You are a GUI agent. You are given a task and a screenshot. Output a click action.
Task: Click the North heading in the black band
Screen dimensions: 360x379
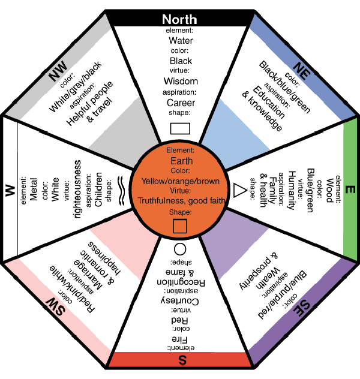[179, 19]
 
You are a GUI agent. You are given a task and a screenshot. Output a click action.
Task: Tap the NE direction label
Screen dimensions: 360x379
[302, 71]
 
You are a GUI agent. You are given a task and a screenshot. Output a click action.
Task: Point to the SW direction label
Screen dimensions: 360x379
[55, 306]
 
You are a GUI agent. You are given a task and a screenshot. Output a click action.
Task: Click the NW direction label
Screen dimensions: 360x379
[58, 71]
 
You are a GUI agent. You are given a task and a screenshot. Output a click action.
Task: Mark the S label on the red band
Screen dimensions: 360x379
[182, 360]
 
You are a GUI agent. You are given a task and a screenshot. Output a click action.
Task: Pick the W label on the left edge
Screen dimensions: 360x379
[10, 190]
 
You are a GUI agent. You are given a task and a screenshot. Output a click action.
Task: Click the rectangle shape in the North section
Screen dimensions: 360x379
[180, 128]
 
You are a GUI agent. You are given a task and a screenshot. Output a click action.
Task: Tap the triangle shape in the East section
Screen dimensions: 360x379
[239, 190]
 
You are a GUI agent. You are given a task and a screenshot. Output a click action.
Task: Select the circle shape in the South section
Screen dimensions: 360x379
[180, 249]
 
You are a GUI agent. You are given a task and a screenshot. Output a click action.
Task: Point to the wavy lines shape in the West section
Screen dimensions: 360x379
[121, 191]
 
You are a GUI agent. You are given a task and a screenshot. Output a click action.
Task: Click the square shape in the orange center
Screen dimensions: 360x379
[180, 226]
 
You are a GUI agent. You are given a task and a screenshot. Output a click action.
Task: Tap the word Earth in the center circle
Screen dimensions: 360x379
[182, 161]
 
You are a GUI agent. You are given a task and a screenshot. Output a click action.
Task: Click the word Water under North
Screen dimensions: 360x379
[181, 40]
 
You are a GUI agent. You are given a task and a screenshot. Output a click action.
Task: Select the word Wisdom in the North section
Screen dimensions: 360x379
[181, 81]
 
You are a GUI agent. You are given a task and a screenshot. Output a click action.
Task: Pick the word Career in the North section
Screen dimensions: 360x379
[181, 103]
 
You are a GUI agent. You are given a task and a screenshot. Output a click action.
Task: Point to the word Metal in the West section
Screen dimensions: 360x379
[34, 189]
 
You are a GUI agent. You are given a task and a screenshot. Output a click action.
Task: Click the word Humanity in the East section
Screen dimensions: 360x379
[292, 190]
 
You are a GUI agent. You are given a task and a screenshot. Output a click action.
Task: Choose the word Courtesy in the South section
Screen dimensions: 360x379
[180, 301]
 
